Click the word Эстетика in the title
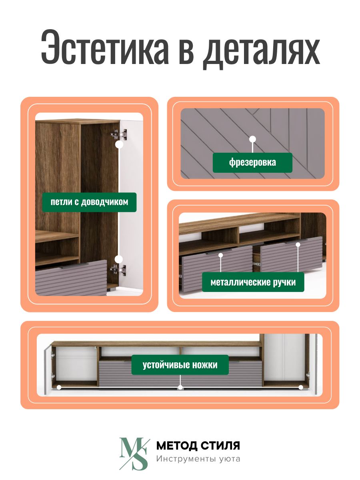105,47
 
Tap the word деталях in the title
261,50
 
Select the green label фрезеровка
252,163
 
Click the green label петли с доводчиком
89,202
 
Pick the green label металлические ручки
253,282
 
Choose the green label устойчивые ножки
180,365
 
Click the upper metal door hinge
119,134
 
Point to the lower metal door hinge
118,270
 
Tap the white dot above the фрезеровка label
252,139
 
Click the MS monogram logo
134,454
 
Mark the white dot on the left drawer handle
220,255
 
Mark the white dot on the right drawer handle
298,245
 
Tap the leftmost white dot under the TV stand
59,388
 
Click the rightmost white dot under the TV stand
301,388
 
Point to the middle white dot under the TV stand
180,388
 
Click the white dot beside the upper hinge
119,144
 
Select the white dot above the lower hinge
119,259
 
